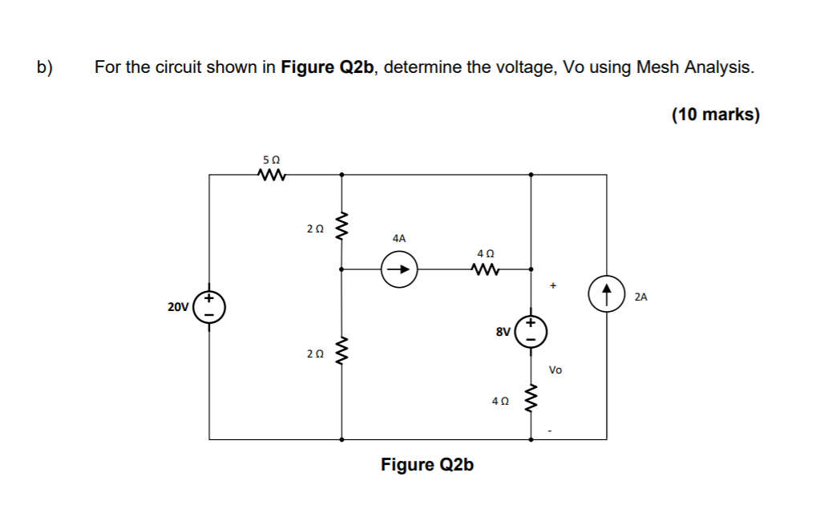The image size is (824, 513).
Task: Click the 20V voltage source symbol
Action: pos(209,306)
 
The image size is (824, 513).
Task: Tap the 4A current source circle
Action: pos(399,269)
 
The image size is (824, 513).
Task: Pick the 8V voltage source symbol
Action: pos(531,330)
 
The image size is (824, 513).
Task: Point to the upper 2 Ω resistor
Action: pos(342,228)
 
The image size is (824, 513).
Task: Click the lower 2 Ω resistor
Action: pos(342,352)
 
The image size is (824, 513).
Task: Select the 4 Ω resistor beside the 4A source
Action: pos(486,269)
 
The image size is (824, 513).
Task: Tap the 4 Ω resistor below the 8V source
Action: pos(531,398)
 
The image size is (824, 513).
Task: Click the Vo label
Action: pos(555,370)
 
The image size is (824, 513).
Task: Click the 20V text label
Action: pos(178,307)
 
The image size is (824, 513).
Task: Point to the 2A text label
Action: pos(640,297)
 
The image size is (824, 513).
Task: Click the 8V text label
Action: pos(503,329)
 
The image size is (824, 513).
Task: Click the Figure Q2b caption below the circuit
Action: pos(426,465)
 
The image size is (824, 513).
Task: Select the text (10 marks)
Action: pos(715,115)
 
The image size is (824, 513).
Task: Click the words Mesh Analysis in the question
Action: pos(694,67)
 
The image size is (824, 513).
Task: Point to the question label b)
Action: pos(44,67)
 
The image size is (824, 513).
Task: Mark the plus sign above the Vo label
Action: pos(553,285)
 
